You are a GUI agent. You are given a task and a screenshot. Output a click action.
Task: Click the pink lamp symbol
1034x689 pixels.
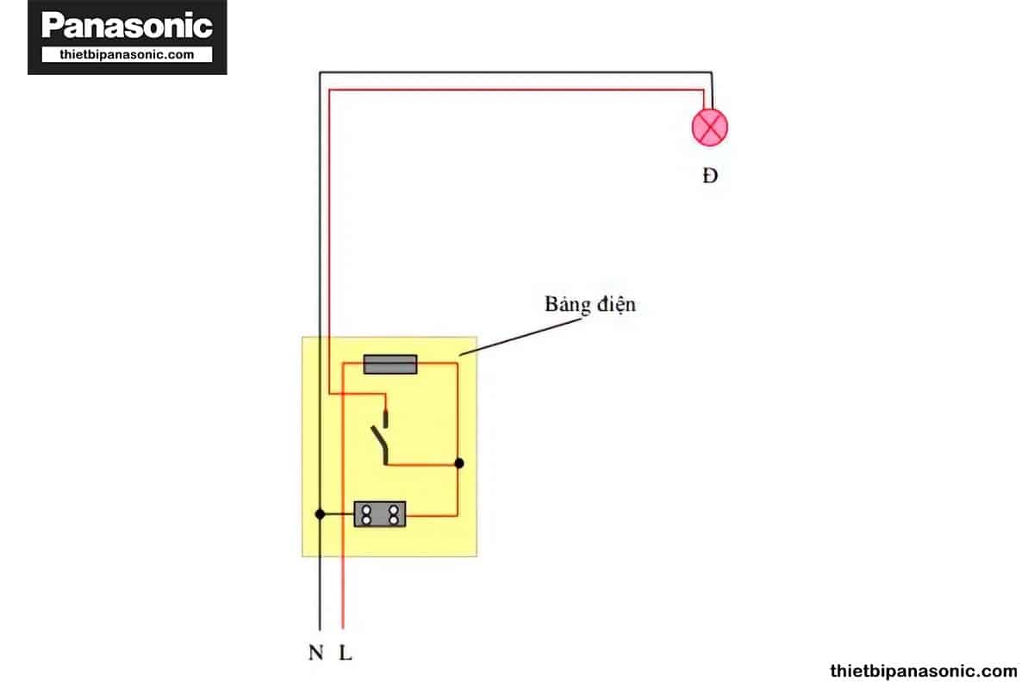click(x=710, y=127)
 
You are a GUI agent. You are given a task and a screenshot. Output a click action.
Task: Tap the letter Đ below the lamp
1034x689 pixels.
click(x=710, y=176)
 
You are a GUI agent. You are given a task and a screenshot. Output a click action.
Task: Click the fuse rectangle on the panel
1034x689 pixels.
click(x=390, y=364)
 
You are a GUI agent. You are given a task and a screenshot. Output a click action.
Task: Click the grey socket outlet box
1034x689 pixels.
click(x=380, y=513)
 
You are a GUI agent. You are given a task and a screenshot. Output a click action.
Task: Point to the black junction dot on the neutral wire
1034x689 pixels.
click(x=320, y=514)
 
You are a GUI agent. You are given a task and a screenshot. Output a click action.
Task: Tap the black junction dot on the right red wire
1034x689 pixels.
click(x=458, y=463)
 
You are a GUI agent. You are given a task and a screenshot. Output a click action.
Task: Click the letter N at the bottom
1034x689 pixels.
click(x=315, y=653)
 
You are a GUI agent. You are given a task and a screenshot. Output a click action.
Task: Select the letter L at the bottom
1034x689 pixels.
click(x=346, y=653)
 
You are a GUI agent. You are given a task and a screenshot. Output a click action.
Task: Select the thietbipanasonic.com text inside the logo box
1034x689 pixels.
click(x=127, y=54)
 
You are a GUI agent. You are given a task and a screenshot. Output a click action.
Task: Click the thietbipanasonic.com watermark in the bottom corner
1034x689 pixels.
click(x=923, y=671)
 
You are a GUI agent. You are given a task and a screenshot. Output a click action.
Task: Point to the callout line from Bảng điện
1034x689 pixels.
click(x=520, y=337)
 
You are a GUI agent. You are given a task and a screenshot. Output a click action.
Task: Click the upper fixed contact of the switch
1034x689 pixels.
click(x=386, y=418)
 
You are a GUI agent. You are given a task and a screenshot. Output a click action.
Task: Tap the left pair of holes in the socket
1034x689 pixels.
click(x=366, y=514)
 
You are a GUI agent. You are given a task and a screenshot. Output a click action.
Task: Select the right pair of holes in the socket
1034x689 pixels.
click(x=394, y=514)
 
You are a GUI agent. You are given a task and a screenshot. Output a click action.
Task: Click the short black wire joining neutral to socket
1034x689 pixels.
click(x=337, y=514)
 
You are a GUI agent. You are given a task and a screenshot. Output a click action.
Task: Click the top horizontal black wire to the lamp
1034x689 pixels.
click(x=515, y=72)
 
